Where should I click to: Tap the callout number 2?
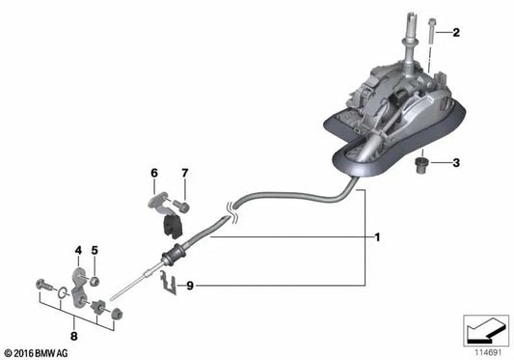455,34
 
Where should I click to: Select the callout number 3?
455,163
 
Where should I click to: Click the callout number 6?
153,173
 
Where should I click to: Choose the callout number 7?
184,173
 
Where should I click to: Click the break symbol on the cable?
228,204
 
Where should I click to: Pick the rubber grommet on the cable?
175,260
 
